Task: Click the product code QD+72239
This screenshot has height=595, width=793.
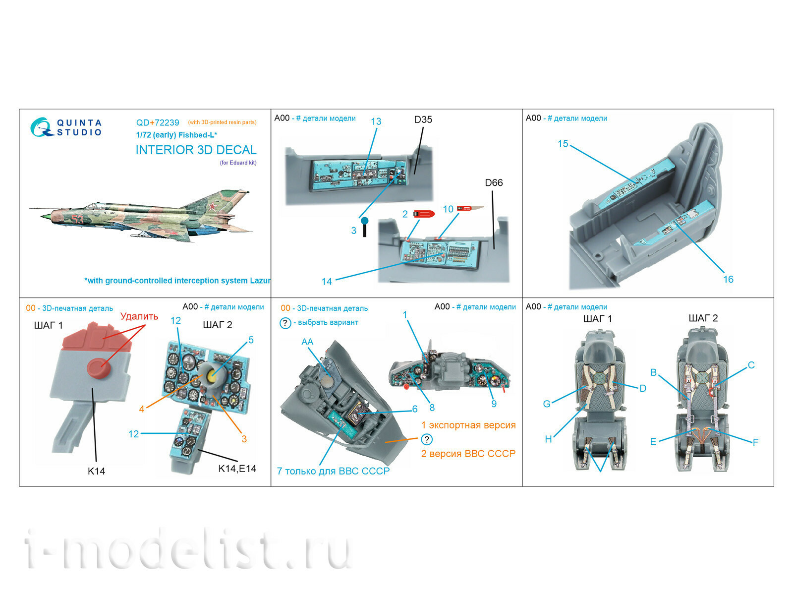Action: point(158,122)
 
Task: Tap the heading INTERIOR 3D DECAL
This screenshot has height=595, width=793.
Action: point(196,150)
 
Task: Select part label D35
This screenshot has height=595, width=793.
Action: point(423,119)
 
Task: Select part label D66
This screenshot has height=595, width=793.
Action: point(494,183)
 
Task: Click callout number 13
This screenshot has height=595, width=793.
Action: point(376,121)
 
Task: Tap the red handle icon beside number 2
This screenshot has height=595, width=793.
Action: point(424,214)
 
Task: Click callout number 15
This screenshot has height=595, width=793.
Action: point(563,144)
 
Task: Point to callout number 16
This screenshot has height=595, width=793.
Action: point(728,279)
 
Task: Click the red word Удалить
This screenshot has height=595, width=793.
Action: point(139,316)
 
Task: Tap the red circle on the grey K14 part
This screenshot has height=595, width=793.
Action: point(98,368)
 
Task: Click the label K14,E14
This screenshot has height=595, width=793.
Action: point(237,469)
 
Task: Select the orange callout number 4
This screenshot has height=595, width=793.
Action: point(142,409)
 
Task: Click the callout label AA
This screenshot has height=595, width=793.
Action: point(307,342)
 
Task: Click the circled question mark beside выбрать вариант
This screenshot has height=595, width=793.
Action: point(285,323)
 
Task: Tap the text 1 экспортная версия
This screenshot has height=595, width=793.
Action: point(468,425)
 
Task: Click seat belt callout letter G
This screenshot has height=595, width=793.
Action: point(547,404)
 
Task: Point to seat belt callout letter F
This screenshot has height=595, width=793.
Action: point(755,442)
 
